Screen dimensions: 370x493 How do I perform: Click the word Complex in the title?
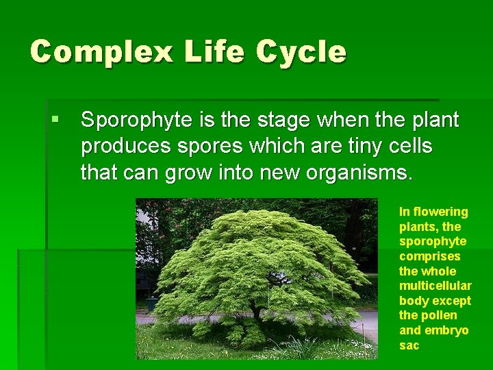102,52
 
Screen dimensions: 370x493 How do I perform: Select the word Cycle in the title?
301,52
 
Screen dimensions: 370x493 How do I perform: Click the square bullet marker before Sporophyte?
56,120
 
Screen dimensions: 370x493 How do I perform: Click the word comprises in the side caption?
429,256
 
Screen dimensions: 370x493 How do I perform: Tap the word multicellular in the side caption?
435,286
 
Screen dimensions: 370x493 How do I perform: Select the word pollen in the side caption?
438,315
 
